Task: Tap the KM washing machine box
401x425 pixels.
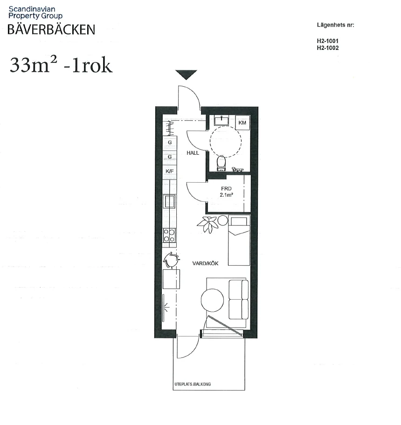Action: pyautogui.click(x=242, y=123)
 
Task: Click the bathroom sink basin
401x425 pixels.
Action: pyautogui.click(x=221, y=121)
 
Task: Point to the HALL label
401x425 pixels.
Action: pyautogui.click(x=193, y=153)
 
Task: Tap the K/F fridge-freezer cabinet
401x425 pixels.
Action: pyautogui.click(x=169, y=171)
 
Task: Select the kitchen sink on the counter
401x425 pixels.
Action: pyautogui.click(x=169, y=202)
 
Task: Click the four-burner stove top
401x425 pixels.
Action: pyautogui.click(x=169, y=236)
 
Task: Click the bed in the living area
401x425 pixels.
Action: pyautogui.click(x=238, y=240)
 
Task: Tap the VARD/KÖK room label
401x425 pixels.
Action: pyautogui.click(x=205, y=263)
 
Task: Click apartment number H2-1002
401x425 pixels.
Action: pyautogui.click(x=327, y=48)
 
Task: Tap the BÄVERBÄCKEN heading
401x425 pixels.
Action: pyautogui.click(x=51, y=29)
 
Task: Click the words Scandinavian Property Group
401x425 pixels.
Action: pyautogui.click(x=35, y=12)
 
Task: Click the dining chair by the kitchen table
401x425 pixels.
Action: pyautogui.click(x=172, y=260)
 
